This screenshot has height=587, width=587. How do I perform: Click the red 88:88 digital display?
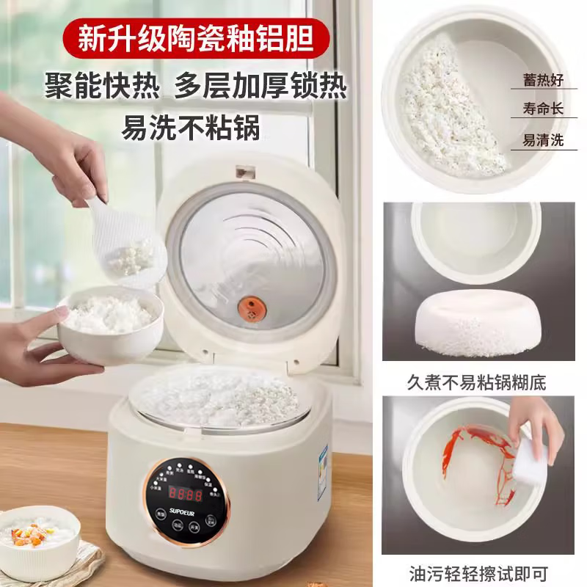(x=185, y=494)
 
